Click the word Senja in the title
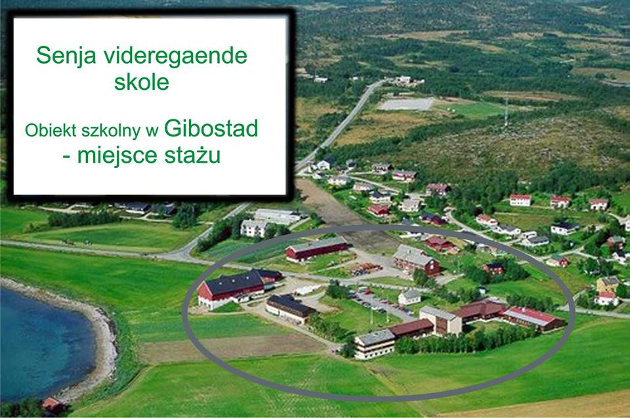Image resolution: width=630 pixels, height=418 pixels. pos(66,56)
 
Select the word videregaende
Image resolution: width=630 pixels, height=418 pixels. pos(176,56)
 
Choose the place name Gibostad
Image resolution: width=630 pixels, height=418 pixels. pos(211,128)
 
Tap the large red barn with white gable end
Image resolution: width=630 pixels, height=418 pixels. pos(232,289)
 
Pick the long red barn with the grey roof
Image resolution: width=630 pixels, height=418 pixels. pos(316,249)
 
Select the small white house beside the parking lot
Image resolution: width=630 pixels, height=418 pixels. pos(409,297)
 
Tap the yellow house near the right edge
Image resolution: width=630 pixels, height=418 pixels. pos(608,284)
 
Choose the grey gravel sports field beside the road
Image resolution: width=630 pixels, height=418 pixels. pos(406,104)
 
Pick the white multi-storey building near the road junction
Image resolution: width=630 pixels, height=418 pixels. pos(253,228)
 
